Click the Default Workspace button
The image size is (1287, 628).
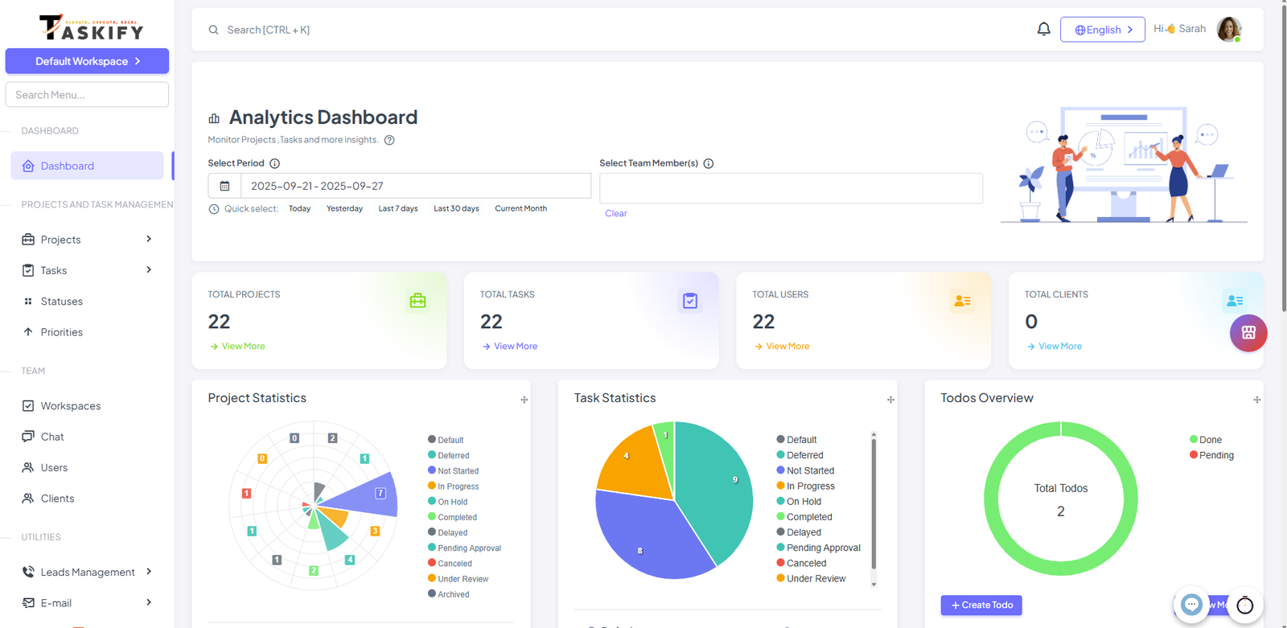[x=87, y=61]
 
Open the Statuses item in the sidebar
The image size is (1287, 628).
[x=61, y=302]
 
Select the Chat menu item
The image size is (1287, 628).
[x=52, y=437]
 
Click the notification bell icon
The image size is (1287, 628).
[x=1043, y=30]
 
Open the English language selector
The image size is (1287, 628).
[x=1102, y=30]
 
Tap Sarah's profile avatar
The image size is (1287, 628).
[x=1228, y=30]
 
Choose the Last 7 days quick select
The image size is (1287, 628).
[x=398, y=208]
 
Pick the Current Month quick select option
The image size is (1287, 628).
[x=520, y=208]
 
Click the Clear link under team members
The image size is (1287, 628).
[x=615, y=213]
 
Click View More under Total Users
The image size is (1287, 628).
[x=787, y=347]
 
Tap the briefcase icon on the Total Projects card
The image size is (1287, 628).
[x=417, y=301]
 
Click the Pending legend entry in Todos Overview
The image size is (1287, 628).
[x=1215, y=455]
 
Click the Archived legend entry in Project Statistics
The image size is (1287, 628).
[x=453, y=594]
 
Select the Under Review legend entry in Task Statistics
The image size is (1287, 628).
[x=816, y=579]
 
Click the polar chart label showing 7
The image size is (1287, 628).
[x=380, y=493]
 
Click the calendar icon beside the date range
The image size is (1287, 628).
[x=224, y=186]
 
